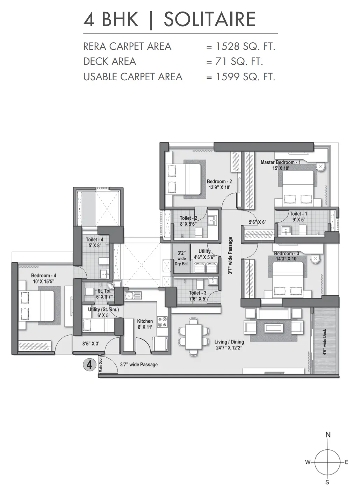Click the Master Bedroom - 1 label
point(280,162)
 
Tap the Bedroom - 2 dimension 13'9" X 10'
point(219,188)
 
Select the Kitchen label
point(145,321)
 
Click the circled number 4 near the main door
point(89,365)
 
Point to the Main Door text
point(101,365)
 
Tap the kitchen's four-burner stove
point(163,322)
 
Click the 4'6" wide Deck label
point(324,342)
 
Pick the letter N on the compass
point(328,435)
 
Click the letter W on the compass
point(308,462)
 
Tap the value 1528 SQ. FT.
point(245,46)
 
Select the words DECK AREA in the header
point(109,61)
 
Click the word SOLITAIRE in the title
point(210,19)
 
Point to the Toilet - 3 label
point(197,293)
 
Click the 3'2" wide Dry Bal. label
point(182,258)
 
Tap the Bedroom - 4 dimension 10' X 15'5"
point(44,281)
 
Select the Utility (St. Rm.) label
point(103,309)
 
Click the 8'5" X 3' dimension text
point(91,344)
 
